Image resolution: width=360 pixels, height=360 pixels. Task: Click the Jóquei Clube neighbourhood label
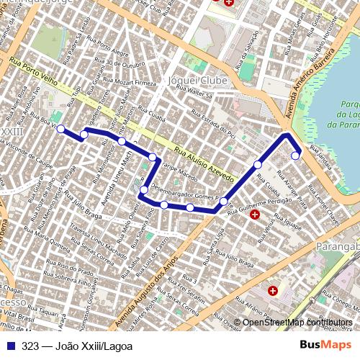(x=197, y=80)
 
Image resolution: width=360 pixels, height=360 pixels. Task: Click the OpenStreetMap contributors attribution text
(x=297, y=322)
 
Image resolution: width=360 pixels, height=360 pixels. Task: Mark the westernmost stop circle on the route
(x=60, y=129)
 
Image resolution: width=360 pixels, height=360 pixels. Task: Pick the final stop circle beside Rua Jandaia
(x=295, y=155)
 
